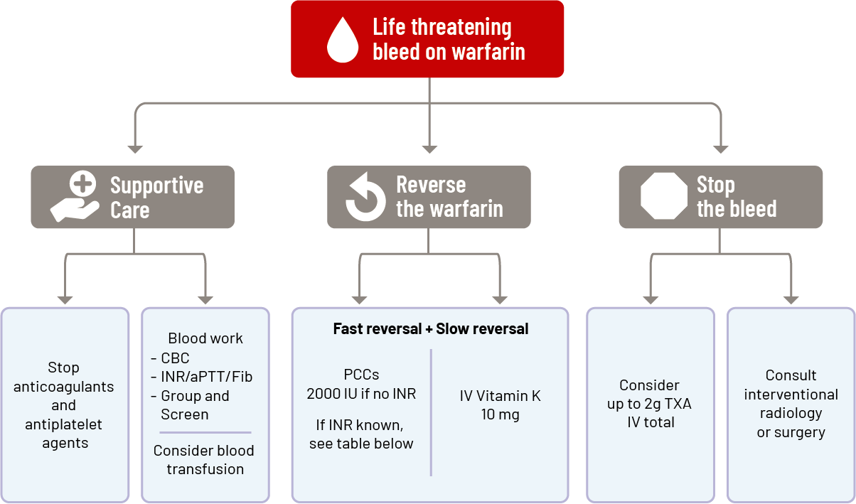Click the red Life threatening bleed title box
point(427,39)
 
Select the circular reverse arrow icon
point(365,197)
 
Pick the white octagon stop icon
point(663,197)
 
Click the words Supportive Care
point(156,198)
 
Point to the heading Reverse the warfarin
point(449,197)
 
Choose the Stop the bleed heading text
point(737,197)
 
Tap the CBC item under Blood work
point(175,358)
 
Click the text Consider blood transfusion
point(204,460)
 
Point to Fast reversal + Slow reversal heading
point(430,329)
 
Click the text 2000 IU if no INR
point(361,394)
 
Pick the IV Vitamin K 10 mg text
point(500,405)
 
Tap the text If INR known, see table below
point(361,434)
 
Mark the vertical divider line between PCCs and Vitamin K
point(431,412)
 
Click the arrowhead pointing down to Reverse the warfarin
point(429,149)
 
